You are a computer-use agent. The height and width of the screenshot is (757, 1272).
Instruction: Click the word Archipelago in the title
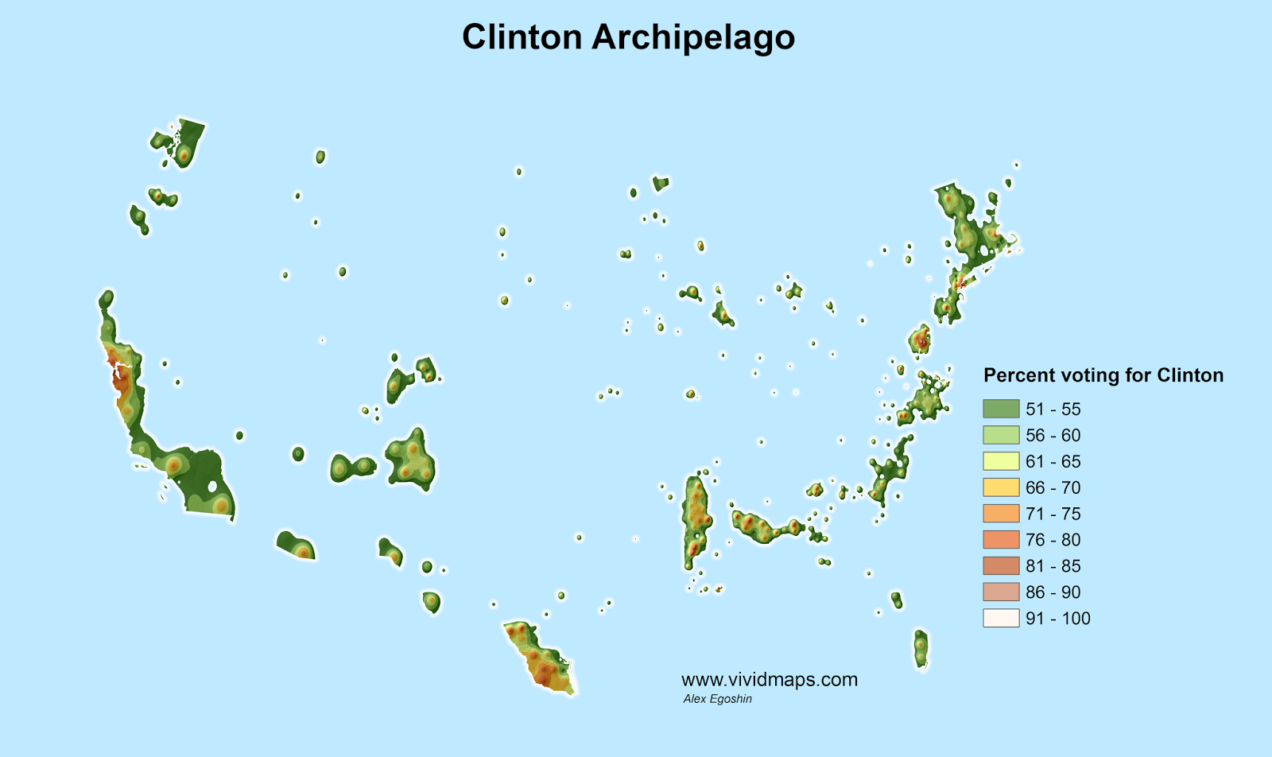click(692, 37)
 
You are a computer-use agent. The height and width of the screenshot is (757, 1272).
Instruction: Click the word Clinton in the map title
click(522, 37)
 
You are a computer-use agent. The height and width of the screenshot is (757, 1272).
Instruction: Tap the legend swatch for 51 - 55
click(1001, 409)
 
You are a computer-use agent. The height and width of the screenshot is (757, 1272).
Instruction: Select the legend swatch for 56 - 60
click(1001, 435)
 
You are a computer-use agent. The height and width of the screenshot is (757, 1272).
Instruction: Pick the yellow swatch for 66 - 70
click(1001, 487)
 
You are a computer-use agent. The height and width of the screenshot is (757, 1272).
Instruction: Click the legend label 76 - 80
click(1053, 540)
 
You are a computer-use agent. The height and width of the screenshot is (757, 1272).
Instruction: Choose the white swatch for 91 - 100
click(1001, 618)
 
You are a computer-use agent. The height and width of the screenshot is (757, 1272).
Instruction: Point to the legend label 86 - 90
click(1053, 592)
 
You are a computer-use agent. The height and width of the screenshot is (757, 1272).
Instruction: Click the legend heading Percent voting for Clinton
click(1103, 375)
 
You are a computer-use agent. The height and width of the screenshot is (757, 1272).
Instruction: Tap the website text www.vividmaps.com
click(769, 680)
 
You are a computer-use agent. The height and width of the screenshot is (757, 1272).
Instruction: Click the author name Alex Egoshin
click(717, 699)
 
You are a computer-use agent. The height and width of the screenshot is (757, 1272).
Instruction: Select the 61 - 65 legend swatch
click(1001, 461)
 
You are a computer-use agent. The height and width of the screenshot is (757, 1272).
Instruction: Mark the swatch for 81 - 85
click(1001, 565)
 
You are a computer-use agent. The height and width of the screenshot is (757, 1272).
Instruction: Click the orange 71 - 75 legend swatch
click(1001, 514)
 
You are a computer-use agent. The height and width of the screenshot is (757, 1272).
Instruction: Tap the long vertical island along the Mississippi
click(696, 517)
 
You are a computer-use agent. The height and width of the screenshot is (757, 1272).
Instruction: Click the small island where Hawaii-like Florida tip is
click(921, 648)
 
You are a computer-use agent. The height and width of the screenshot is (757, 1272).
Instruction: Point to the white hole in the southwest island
click(212, 487)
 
